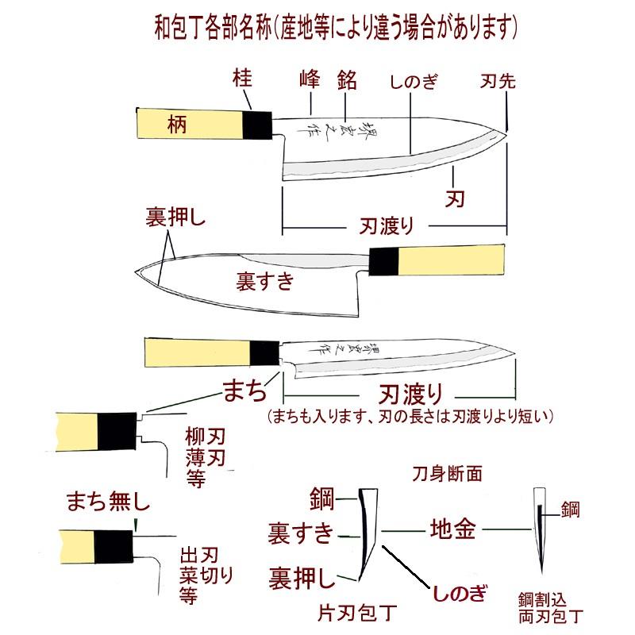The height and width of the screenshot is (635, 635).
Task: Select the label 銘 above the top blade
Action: (x=345, y=79)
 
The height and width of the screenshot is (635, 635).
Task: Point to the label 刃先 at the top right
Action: (x=498, y=81)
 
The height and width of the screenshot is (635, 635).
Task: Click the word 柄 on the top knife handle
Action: (x=177, y=123)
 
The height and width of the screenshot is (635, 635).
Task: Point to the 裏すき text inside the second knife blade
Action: (x=265, y=280)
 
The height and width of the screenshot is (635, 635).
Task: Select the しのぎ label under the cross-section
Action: (x=456, y=593)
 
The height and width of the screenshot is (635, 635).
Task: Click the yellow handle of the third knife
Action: (x=197, y=352)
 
